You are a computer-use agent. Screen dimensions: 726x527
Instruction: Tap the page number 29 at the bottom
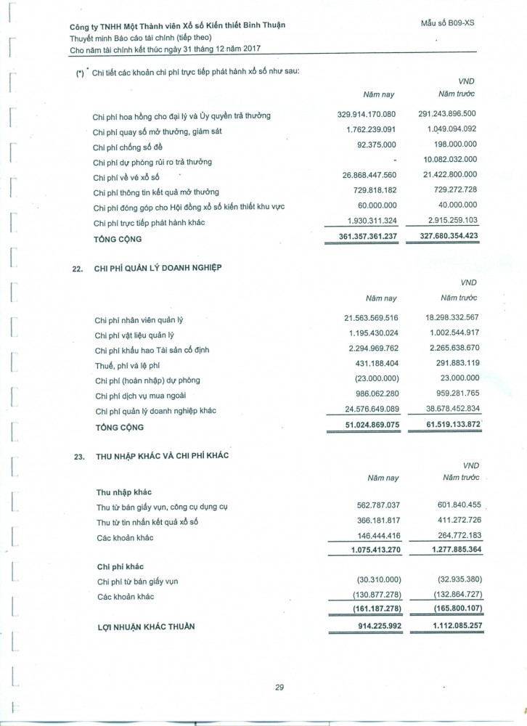coord(279,688)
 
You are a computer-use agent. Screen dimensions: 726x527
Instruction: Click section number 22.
coord(78,268)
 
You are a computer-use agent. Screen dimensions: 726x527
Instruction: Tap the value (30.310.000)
coord(371,581)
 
